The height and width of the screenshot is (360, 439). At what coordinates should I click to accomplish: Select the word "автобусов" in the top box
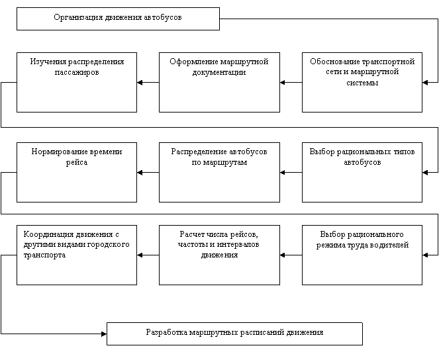point(163,17)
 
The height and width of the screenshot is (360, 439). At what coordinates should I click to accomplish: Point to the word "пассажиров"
point(77,72)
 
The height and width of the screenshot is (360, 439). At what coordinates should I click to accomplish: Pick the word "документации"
point(219,72)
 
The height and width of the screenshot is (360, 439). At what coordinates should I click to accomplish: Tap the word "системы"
point(362,83)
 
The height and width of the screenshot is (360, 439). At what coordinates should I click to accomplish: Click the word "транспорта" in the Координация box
point(44,255)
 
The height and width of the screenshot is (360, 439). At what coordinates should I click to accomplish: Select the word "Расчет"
point(191,234)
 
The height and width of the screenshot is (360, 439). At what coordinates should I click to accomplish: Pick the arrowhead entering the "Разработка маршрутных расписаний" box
point(104,334)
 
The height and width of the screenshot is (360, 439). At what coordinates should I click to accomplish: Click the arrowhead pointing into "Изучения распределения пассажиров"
point(140,83)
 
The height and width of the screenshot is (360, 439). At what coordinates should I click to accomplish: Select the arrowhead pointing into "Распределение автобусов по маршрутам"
point(283,173)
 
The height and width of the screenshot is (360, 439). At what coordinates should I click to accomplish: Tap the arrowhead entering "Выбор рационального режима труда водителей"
point(425,255)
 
